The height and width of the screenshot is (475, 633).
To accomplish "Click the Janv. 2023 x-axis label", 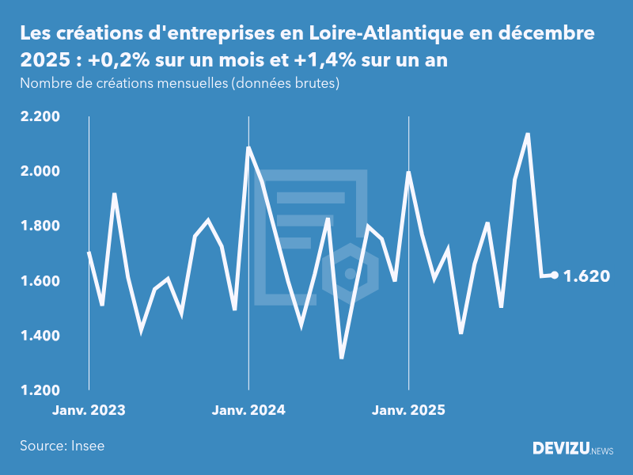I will click(x=89, y=411).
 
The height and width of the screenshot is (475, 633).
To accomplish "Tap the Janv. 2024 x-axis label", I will click(x=248, y=411).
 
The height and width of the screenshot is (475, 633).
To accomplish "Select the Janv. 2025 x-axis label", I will click(x=408, y=411).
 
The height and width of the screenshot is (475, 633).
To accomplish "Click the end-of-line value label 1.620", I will click(x=586, y=276).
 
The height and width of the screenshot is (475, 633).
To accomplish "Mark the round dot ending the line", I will click(x=555, y=275).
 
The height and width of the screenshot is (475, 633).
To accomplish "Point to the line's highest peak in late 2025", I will click(x=528, y=134).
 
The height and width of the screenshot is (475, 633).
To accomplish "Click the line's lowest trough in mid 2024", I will click(x=342, y=358).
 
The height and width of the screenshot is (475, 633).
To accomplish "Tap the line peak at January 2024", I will click(x=248, y=147).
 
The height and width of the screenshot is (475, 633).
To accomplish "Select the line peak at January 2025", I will click(x=408, y=172).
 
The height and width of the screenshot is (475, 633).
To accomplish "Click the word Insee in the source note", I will click(x=88, y=446).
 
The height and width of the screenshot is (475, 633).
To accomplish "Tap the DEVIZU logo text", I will click(x=559, y=449).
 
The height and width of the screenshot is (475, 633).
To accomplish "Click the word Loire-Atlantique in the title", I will click(x=373, y=34).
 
